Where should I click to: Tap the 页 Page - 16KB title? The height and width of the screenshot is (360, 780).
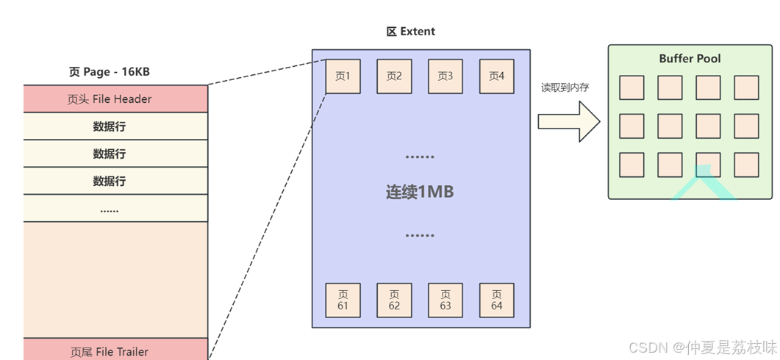(x=110, y=73)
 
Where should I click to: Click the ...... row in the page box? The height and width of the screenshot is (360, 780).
(x=110, y=209)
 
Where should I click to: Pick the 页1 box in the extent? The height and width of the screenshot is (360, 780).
(x=343, y=76)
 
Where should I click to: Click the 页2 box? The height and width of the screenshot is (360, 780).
(x=394, y=76)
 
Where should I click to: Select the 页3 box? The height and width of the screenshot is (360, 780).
(x=446, y=76)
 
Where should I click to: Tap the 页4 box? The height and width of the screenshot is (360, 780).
(x=497, y=76)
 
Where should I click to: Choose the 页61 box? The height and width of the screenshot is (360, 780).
(x=343, y=300)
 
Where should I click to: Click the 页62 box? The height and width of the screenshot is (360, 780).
(x=394, y=300)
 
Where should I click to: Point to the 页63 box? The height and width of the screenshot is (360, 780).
(x=446, y=300)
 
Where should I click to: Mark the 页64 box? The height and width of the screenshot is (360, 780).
(x=497, y=300)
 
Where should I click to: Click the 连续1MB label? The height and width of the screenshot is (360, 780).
(x=420, y=192)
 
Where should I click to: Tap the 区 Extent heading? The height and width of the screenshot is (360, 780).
(x=411, y=32)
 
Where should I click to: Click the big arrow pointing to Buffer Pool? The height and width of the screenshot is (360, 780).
(x=568, y=120)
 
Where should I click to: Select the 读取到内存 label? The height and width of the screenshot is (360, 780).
(x=565, y=87)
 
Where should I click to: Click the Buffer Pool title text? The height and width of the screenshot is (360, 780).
(x=690, y=59)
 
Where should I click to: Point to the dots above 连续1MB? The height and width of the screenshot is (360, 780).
(x=420, y=156)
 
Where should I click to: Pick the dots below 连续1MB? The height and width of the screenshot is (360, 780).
(x=420, y=235)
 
